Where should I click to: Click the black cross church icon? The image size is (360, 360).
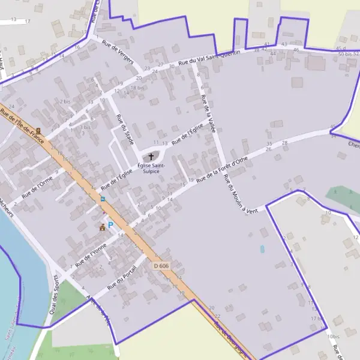pos(151,157)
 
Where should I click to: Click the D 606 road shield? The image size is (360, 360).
pos(160,265)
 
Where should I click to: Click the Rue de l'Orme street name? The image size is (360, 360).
pos(38,187)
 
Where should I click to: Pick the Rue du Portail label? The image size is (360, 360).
pos(122,278)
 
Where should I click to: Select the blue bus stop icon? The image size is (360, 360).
pos(103,199)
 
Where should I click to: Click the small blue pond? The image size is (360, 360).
pos(262,248)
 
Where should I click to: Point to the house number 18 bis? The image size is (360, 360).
pos(137,88)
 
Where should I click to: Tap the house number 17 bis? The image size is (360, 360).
pos(316,318)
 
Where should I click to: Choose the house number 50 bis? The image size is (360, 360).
pos(344,55)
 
